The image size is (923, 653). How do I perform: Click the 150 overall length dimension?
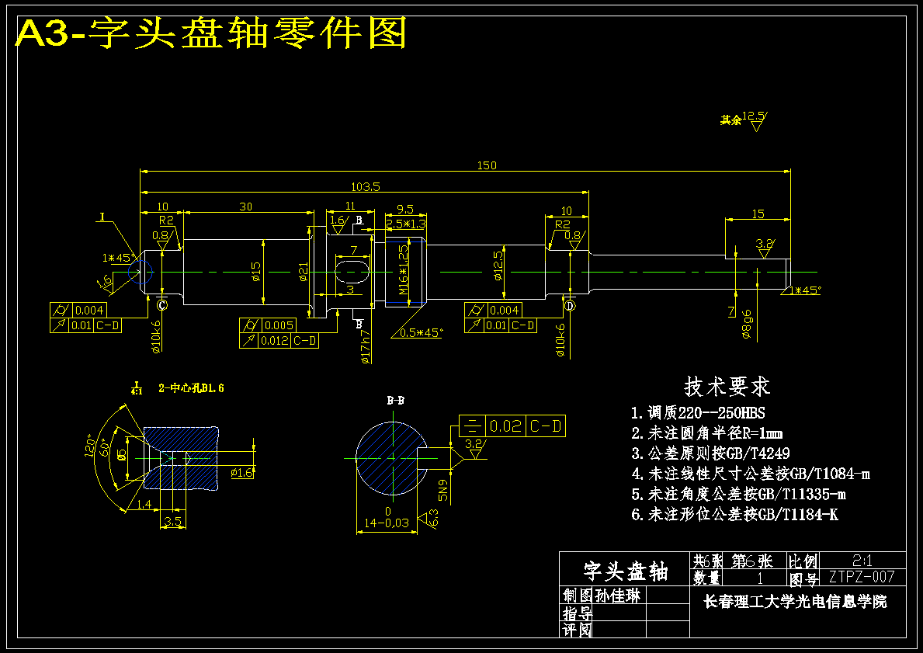coord(487,165)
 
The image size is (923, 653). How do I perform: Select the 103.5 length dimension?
coord(365,186)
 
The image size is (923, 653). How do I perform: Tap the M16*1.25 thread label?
coord(403,269)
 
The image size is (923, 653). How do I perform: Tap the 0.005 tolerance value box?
coord(278,325)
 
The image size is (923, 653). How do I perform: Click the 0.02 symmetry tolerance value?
coord(506,425)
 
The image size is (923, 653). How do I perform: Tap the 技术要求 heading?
coord(727,386)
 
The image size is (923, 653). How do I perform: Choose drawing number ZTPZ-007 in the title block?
coord(862,577)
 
